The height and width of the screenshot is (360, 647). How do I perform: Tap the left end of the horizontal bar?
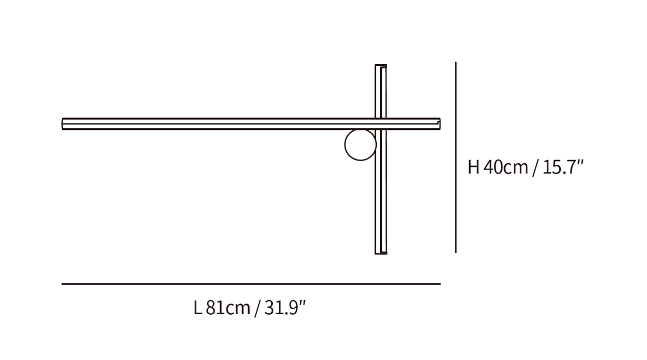tap(63, 124)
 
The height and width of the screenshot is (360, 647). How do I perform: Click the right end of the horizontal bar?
tap(440, 124)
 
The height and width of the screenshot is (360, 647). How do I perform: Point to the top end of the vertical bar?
tap(381, 65)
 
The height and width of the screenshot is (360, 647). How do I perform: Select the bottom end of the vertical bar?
tap(381, 254)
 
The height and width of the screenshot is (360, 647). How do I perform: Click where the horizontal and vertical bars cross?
tap(381, 124)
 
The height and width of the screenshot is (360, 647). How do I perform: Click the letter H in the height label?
tap(473, 167)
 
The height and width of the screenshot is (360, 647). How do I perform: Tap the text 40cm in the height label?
tap(506, 167)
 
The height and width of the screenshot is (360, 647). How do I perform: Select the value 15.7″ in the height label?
tap(563, 167)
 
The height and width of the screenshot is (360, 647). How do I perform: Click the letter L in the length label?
tap(197, 308)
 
